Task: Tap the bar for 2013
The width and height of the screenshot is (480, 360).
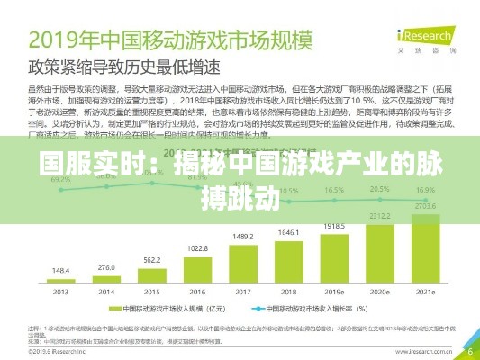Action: pos(61,281)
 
